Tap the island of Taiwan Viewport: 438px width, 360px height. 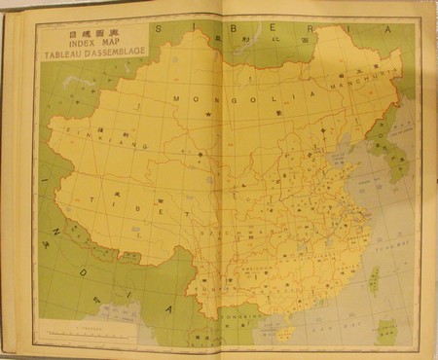tap(373, 280)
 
